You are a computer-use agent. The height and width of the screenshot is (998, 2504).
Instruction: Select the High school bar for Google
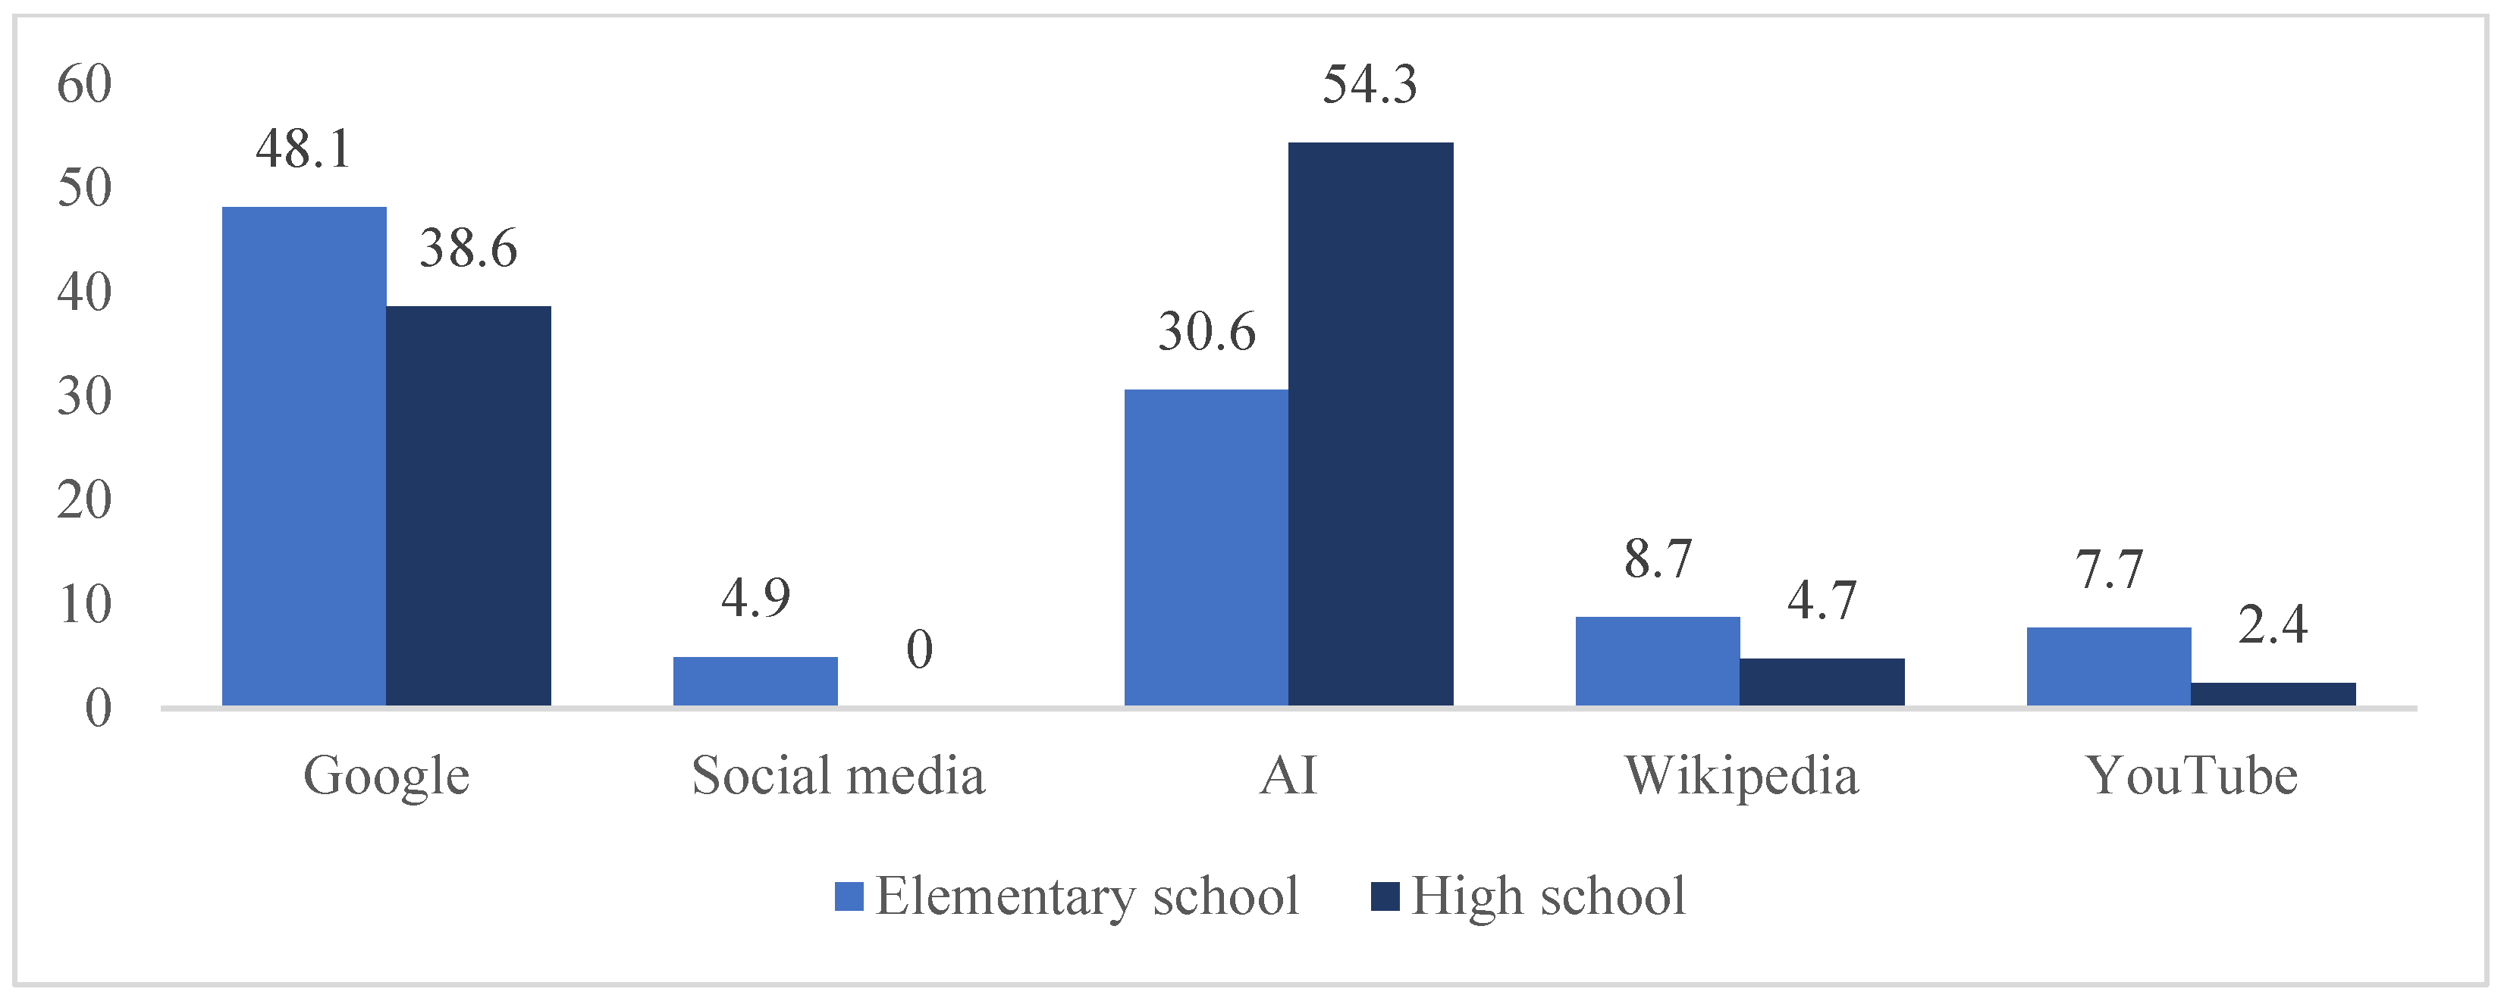coord(468,505)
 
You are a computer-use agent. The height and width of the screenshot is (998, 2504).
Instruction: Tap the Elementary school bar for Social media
coord(755,680)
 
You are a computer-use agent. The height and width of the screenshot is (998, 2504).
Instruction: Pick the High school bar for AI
coord(1370,424)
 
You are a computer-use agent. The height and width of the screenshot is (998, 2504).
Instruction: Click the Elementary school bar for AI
coord(1207,547)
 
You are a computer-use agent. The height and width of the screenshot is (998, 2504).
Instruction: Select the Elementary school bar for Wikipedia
coord(1658,661)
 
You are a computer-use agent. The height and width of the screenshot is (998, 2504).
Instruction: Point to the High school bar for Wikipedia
coord(1822,681)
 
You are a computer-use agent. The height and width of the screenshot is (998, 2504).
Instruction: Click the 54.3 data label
coord(1370,85)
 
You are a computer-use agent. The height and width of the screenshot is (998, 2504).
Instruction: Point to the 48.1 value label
coord(303,149)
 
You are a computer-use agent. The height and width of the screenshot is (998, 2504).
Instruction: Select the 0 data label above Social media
coord(920,649)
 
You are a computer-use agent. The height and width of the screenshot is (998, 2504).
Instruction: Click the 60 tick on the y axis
coord(85,85)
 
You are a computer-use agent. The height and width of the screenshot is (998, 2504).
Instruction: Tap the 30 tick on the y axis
coord(85,396)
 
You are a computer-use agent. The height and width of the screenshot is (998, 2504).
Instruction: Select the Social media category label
coord(838,775)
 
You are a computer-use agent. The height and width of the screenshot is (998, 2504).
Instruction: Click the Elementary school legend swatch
coord(849,896)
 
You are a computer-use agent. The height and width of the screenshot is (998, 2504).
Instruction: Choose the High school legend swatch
coord(1384,896)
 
